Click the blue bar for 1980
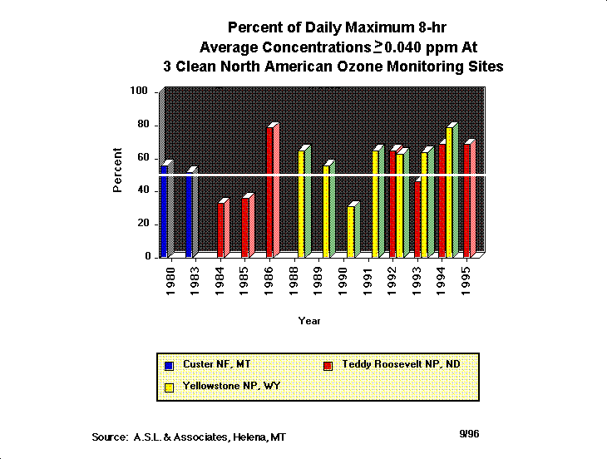(x=164, y=212)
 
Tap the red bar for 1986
(x=270, y=191)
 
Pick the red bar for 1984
(x=221, y=229)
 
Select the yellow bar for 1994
(x=450, y=191)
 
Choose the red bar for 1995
(x=468, y=200)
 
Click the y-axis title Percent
(x=118, y=170)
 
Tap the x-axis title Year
(x=310, y=321)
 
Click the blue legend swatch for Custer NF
(x=169, y=365)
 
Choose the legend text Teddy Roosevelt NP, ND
(x=401, y=364)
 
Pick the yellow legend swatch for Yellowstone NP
(x=169, y=387)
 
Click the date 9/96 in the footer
(x=469, y=434)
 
